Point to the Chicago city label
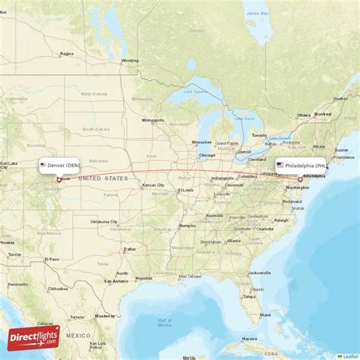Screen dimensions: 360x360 point(207,156)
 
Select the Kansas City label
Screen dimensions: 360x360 point(153,185)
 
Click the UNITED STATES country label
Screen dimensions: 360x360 point(104,178)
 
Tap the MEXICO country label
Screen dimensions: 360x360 point(76,335)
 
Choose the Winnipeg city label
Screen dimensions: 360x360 point(130,61)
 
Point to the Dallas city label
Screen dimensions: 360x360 point(131,248)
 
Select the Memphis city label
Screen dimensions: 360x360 point(187,226)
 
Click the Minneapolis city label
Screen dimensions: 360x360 point(153,120)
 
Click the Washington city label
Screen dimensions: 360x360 point(297,187)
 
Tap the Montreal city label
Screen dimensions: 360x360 point(323,115)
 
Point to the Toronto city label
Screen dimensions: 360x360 point(260,135)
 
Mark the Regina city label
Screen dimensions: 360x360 point(68,54)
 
